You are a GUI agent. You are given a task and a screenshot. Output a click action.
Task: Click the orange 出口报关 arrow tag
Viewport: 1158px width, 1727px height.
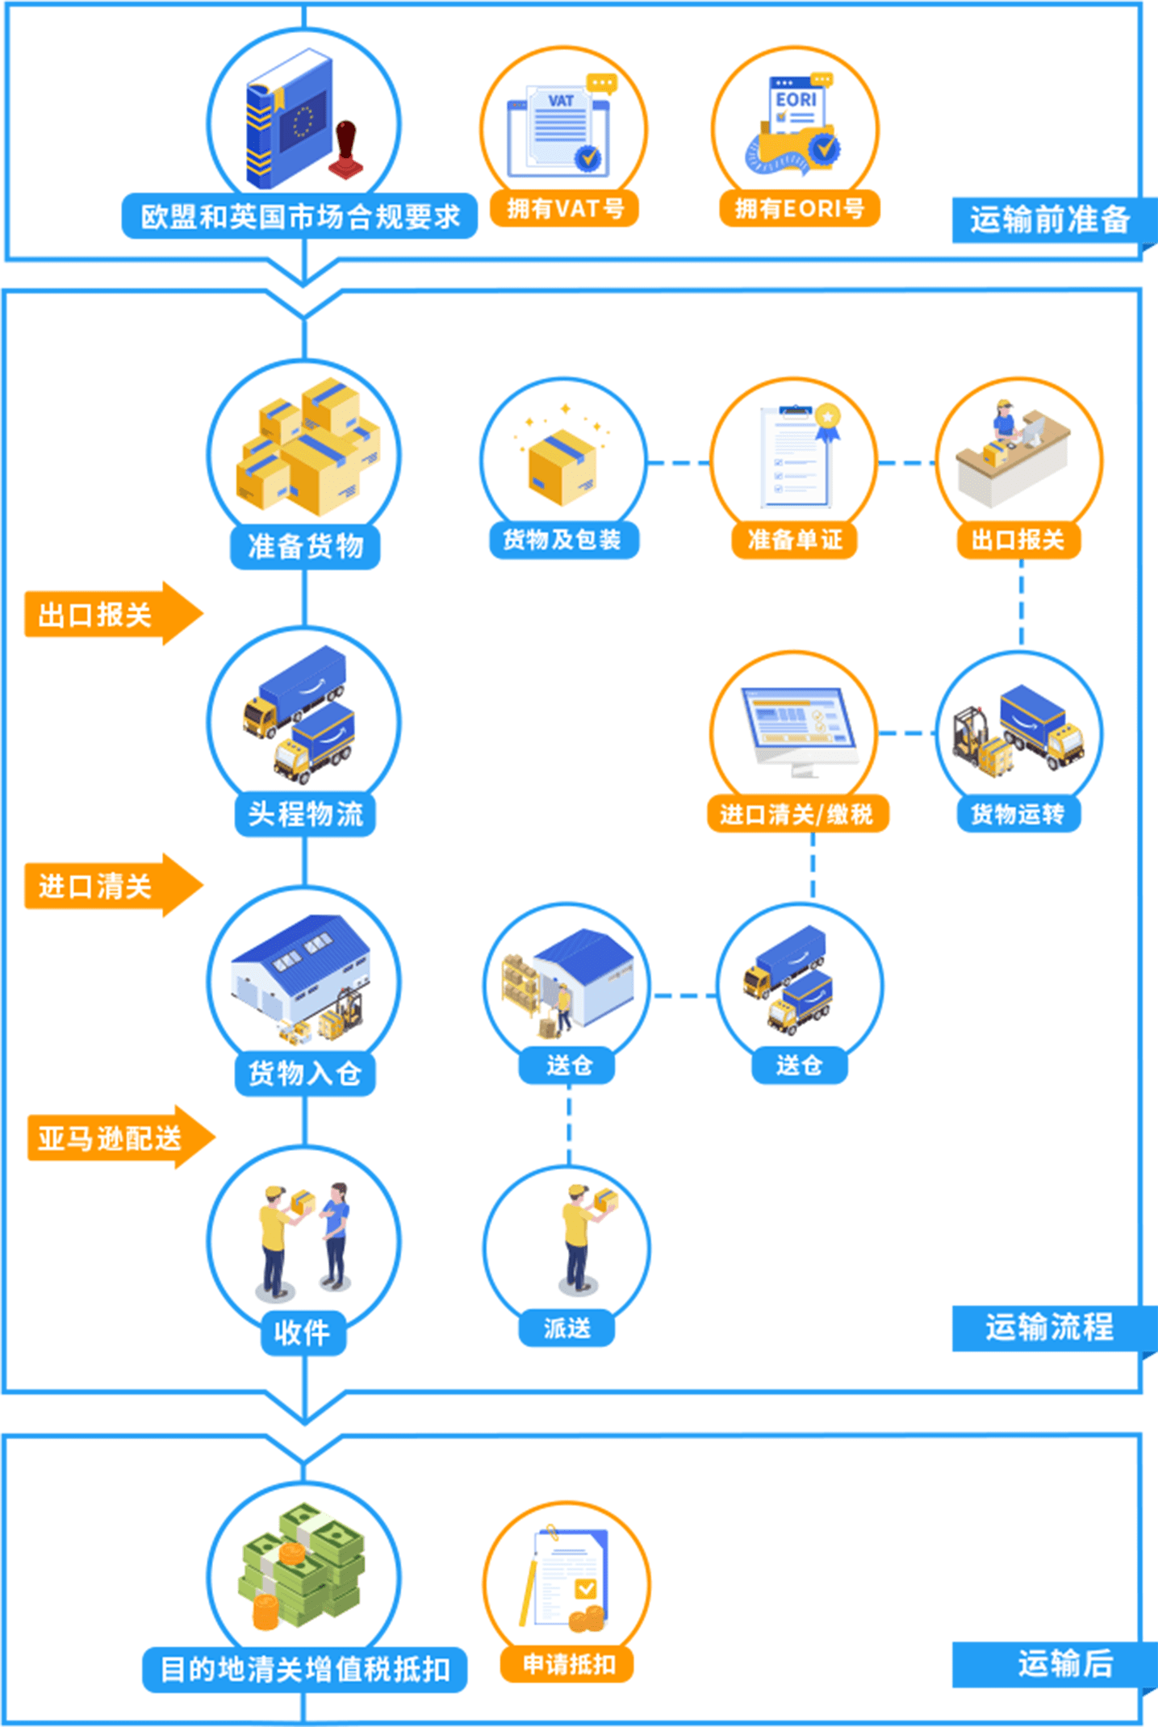(105, 615)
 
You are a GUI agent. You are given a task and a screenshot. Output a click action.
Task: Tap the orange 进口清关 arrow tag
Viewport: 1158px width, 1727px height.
(105, 886)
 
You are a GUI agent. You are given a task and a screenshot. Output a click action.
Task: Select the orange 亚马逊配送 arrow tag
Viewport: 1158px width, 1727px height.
(113, 1138)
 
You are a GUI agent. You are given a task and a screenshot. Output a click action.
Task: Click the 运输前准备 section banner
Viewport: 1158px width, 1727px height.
(1049, 219)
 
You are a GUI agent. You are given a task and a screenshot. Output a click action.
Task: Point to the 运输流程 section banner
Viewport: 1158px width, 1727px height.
(1049, 1327)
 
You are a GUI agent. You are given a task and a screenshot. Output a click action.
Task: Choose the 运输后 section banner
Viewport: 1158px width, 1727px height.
(1057, 1663)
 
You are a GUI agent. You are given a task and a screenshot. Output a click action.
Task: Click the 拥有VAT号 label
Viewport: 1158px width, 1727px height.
(565, 209)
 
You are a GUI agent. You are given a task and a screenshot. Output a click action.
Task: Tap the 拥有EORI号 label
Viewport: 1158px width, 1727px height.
(799, 209)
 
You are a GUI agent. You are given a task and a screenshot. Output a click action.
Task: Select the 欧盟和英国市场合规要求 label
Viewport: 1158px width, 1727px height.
(299, 216)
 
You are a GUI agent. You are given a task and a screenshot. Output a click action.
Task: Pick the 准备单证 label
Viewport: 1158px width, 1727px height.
(795, 540)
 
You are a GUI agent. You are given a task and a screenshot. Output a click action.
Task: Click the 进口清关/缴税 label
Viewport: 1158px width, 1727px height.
(797, 814)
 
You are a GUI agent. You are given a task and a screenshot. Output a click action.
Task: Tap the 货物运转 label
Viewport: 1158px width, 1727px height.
(1018, 814)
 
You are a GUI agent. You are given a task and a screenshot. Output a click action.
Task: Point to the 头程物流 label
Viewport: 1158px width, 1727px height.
(305, 814)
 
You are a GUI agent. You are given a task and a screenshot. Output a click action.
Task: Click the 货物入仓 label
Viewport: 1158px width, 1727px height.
(305, 1074)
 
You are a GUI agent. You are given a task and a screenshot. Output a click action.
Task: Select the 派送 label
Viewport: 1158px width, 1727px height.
(566, 1328)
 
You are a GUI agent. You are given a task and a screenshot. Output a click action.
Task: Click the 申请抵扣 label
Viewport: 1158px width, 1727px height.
(568, 1663)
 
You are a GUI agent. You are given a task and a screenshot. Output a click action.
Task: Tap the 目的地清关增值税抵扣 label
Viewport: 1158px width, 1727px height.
(305, 1669)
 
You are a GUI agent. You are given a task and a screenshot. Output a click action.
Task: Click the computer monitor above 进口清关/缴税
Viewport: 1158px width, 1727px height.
(799, 726)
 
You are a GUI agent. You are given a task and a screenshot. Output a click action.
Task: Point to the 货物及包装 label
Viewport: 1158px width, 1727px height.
(562, 540)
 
